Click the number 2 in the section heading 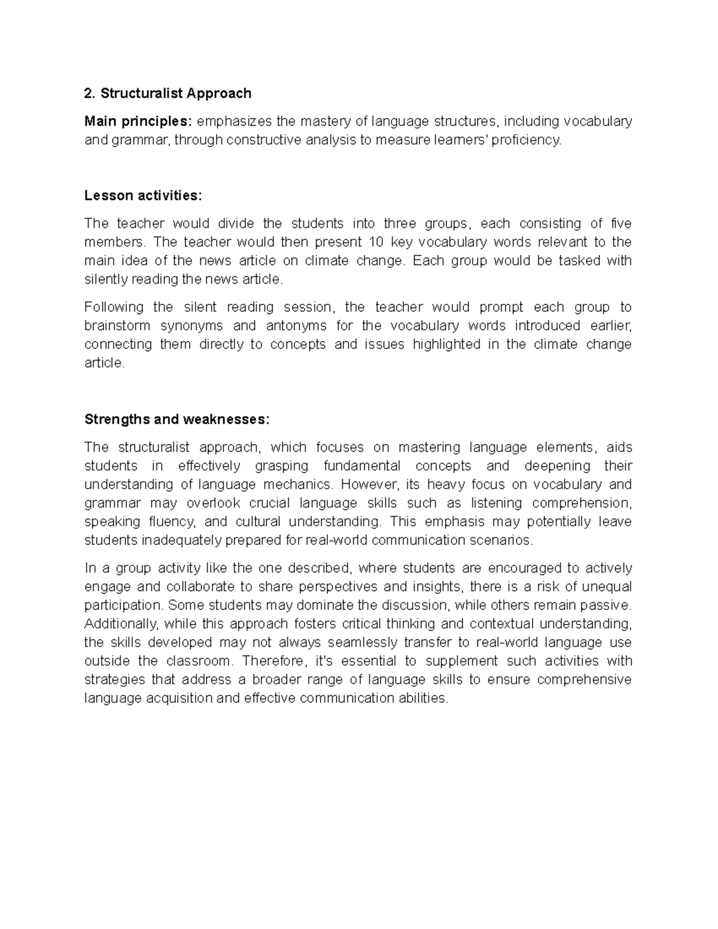pyautogui.click(x=89, y=93)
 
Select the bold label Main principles pyautogui.click(x=138, y=121)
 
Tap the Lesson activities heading pyautogui.click(x=144, y=196)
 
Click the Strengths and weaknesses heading pyautogui.click(x=177, y=419)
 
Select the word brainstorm pyautogui.click(x=117, y=326)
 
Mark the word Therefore pyautogui.click(x=275, y=661)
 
